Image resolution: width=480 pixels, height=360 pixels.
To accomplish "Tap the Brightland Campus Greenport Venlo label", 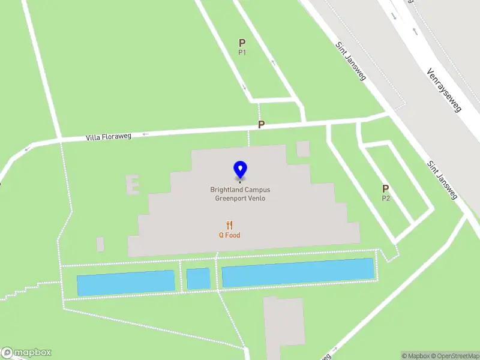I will (240, 194).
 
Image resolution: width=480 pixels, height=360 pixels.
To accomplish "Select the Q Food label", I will (229, 235).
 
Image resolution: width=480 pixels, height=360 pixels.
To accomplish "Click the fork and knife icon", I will (229, 225).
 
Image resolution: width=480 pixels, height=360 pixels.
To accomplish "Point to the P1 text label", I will (242, 52).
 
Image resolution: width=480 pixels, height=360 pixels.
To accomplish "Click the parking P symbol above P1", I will (242, 43).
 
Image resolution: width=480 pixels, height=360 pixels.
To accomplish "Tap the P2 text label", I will (386, 198).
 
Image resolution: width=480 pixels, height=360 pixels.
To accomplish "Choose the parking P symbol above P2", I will (386, 188).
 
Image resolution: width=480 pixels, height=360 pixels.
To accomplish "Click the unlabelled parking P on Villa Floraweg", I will (261, 124).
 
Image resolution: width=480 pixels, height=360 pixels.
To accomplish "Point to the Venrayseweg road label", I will (443, 90).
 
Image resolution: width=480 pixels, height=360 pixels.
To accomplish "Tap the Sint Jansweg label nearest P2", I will (442, 180).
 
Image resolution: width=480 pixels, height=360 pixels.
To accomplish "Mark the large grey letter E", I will (132, 185).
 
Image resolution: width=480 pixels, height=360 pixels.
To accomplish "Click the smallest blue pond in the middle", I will (198, 278).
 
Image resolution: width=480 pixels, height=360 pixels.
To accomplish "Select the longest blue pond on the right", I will (298, 273).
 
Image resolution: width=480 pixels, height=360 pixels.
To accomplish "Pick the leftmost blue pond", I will (126, 282).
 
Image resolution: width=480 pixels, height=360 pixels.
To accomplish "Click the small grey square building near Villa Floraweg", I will (303, 149).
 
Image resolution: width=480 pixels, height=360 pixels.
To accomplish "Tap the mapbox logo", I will (26, 353).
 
